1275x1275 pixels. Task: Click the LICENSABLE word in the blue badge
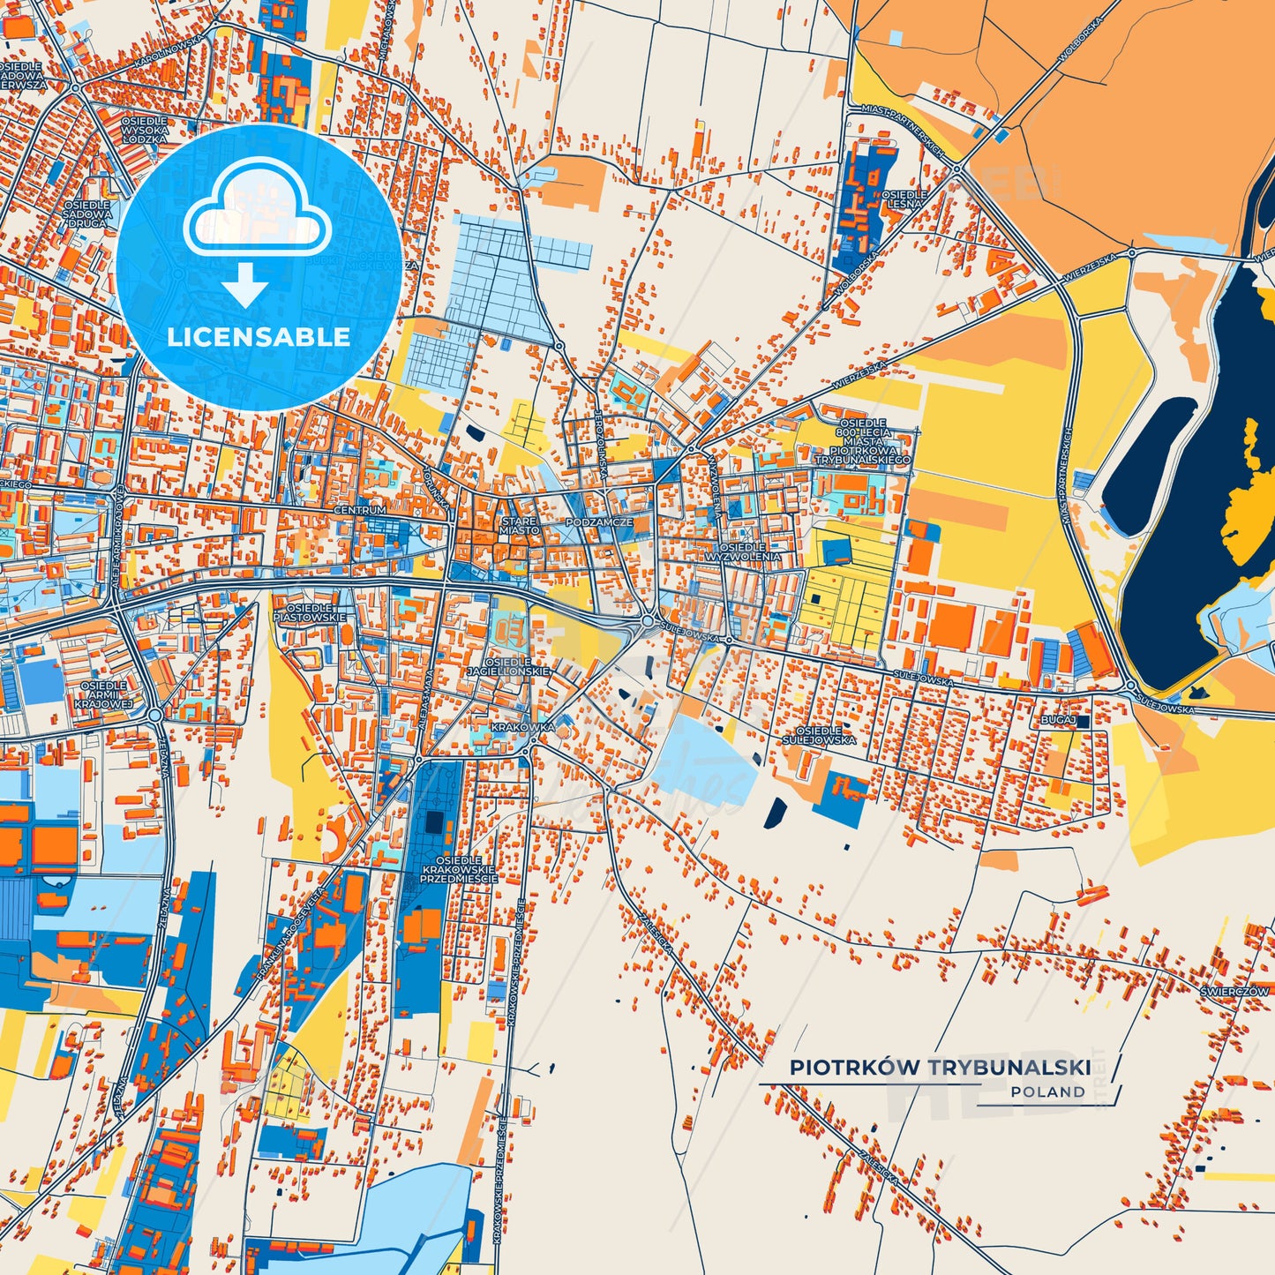tap(259, 337)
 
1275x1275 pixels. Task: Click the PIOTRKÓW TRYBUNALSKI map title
tap(940, 1068)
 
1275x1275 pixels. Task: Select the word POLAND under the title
tap(1048, 1092)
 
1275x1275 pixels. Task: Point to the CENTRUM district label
tap(360, 510)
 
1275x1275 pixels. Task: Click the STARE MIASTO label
tap(519, 526)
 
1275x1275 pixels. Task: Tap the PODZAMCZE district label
tap(599, 522)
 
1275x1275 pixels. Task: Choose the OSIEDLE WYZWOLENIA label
tap(743, 552)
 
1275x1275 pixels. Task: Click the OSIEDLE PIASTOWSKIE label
tap(310, 612)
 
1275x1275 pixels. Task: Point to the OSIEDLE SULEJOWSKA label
tap(819, 735)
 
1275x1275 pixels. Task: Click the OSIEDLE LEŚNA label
tap(905, 199)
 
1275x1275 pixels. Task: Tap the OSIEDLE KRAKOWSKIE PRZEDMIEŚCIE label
tap(459, 869)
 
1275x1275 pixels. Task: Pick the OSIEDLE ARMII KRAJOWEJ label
tap(103, 694)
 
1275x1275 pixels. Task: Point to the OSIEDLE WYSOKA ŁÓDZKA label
tap(144, 131)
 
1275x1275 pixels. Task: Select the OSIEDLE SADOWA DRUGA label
tap(87, 214)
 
